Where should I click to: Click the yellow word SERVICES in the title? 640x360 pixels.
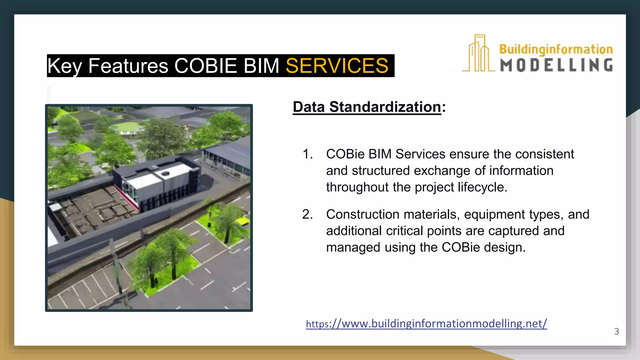337,66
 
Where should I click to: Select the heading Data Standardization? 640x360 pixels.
367,107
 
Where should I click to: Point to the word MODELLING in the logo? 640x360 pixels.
556,65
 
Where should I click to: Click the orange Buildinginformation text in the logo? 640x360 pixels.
556,49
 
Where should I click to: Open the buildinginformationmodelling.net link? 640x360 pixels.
426,323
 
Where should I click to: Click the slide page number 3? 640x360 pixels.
616,331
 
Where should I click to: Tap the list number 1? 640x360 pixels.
307,154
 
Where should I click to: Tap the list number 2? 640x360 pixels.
307,214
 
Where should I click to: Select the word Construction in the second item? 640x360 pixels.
362,214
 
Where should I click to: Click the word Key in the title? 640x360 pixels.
64,66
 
